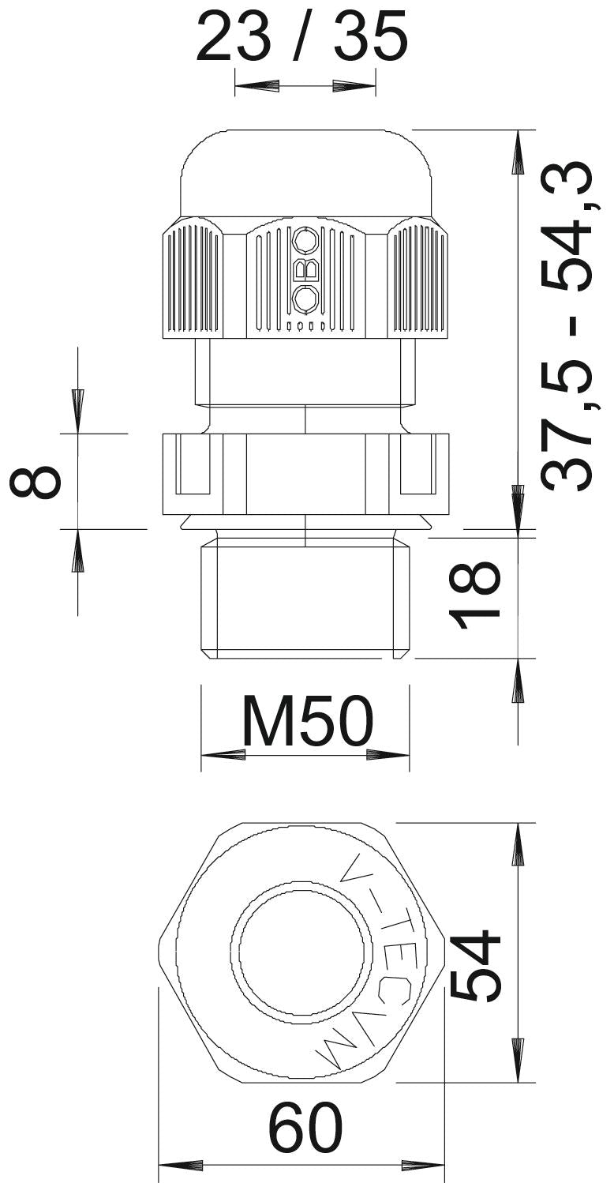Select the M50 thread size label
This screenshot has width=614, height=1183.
[x=307, y=720]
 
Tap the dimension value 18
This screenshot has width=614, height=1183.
[x=474, y=595]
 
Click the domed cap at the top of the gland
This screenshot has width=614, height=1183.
[x=306, y=175]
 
